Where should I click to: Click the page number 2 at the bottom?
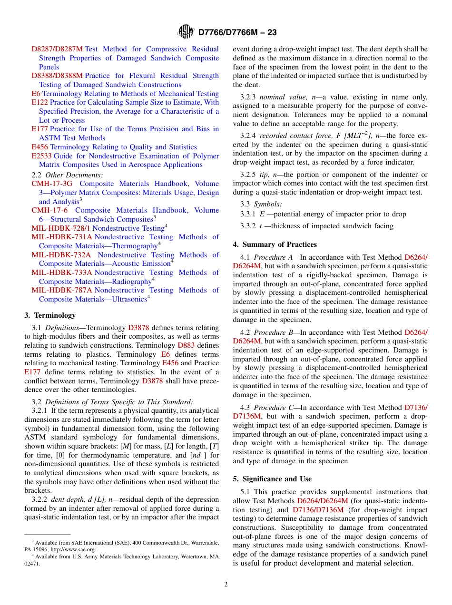coord(226,584)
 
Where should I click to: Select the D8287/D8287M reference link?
coord(57,49)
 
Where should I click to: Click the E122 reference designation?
coord(39,102)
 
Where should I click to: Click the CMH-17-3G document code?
coord(52,184)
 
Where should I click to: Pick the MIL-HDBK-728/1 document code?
coord(61,228)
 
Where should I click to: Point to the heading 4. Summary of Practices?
coord(275,244)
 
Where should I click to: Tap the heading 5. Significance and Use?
coord(272,479)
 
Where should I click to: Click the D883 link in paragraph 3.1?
coord(186,345)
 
